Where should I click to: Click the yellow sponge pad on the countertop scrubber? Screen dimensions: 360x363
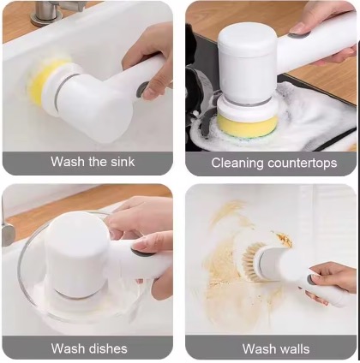tap(248, 127)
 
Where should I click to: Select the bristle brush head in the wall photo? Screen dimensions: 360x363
tap(252, 262)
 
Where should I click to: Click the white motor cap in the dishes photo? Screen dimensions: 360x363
tap(77, 251)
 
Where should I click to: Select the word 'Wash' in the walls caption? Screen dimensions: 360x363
tap(256, 348)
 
